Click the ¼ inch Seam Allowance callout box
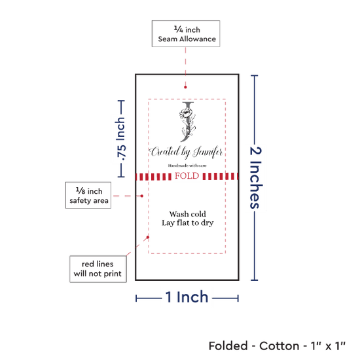coord(186,33)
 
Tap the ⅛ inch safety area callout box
coord(88,196)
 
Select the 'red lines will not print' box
coord(98,269)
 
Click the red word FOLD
coord(187,176)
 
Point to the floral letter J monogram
coord(188,122)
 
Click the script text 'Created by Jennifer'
coord(186,153)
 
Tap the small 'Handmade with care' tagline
coord(187,166)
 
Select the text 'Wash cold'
coord(188,214)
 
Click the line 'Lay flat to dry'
coord(188,223)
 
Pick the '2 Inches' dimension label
coord(255,177)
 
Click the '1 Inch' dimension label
coord(187,297)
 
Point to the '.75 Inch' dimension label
coord(121,139)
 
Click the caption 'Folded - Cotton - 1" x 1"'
coord(277,346)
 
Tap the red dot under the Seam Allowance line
coord(185,87)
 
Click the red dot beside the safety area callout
coord(142,196)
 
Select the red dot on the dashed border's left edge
coord(148,237)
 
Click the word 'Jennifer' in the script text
coord(208,153)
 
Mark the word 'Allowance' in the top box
coord(198,39)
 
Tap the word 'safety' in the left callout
coord(77,201)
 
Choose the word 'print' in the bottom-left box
coord(113,274)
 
